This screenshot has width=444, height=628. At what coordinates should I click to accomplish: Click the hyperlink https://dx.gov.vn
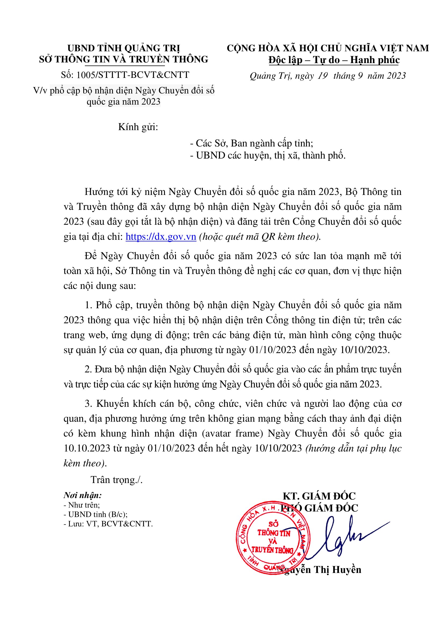[x=161, y=237]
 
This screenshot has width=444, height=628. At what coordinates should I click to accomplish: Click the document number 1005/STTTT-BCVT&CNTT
[x=133, y=75]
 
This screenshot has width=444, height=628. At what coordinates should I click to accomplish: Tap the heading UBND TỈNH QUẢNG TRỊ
[x=124, y=48]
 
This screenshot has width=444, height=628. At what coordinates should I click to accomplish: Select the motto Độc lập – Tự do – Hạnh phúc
[x=334, y=60]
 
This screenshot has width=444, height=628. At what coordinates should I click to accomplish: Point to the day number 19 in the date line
[x=323, y=76]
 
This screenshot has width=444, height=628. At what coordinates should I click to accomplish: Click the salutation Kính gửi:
[x=138, y=127]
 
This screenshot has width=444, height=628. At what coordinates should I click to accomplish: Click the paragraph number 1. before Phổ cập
[x=88, y=305]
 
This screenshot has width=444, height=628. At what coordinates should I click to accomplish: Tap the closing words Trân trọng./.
[x=117, y=480]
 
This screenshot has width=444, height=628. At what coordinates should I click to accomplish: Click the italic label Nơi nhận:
[x=83, y=495]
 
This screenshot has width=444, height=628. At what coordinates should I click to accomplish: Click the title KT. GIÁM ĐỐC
[x=319, y=496]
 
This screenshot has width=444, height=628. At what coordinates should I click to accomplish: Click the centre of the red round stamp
[x=273, y=538]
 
